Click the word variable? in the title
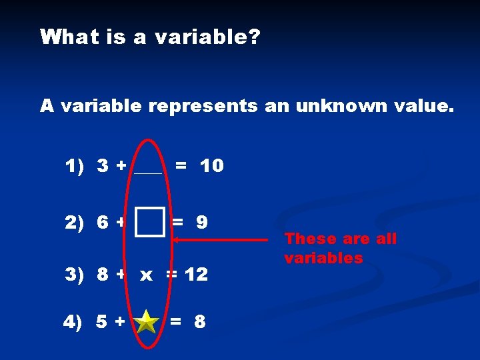click(x=207, y=37)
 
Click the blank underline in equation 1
click(x=147, y=172)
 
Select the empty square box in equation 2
click(x=151, y=222)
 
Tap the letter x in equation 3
click(x=147, y=274)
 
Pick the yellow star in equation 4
click(x=146, y=322)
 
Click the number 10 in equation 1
click(x=212, y=166)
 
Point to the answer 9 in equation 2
click(x=201, y=222)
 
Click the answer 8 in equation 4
click(x=199, y=322)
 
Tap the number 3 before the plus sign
click(x=103, y=166)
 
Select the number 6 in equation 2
click(x=103, y=222)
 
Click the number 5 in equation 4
click(x=102, y=322)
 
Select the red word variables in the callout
click(x=323, y=258)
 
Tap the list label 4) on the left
click(x=73, y=322)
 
